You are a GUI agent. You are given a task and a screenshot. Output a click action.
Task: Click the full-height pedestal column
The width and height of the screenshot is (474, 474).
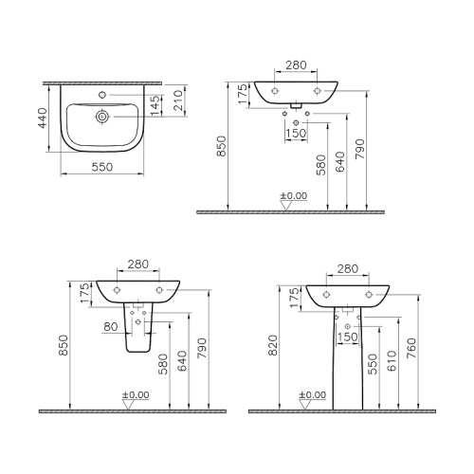346,360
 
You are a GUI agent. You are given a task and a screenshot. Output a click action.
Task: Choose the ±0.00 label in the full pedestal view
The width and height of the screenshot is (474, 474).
311,393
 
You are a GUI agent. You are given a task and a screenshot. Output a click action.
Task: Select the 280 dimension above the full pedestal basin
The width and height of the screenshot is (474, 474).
346,270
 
